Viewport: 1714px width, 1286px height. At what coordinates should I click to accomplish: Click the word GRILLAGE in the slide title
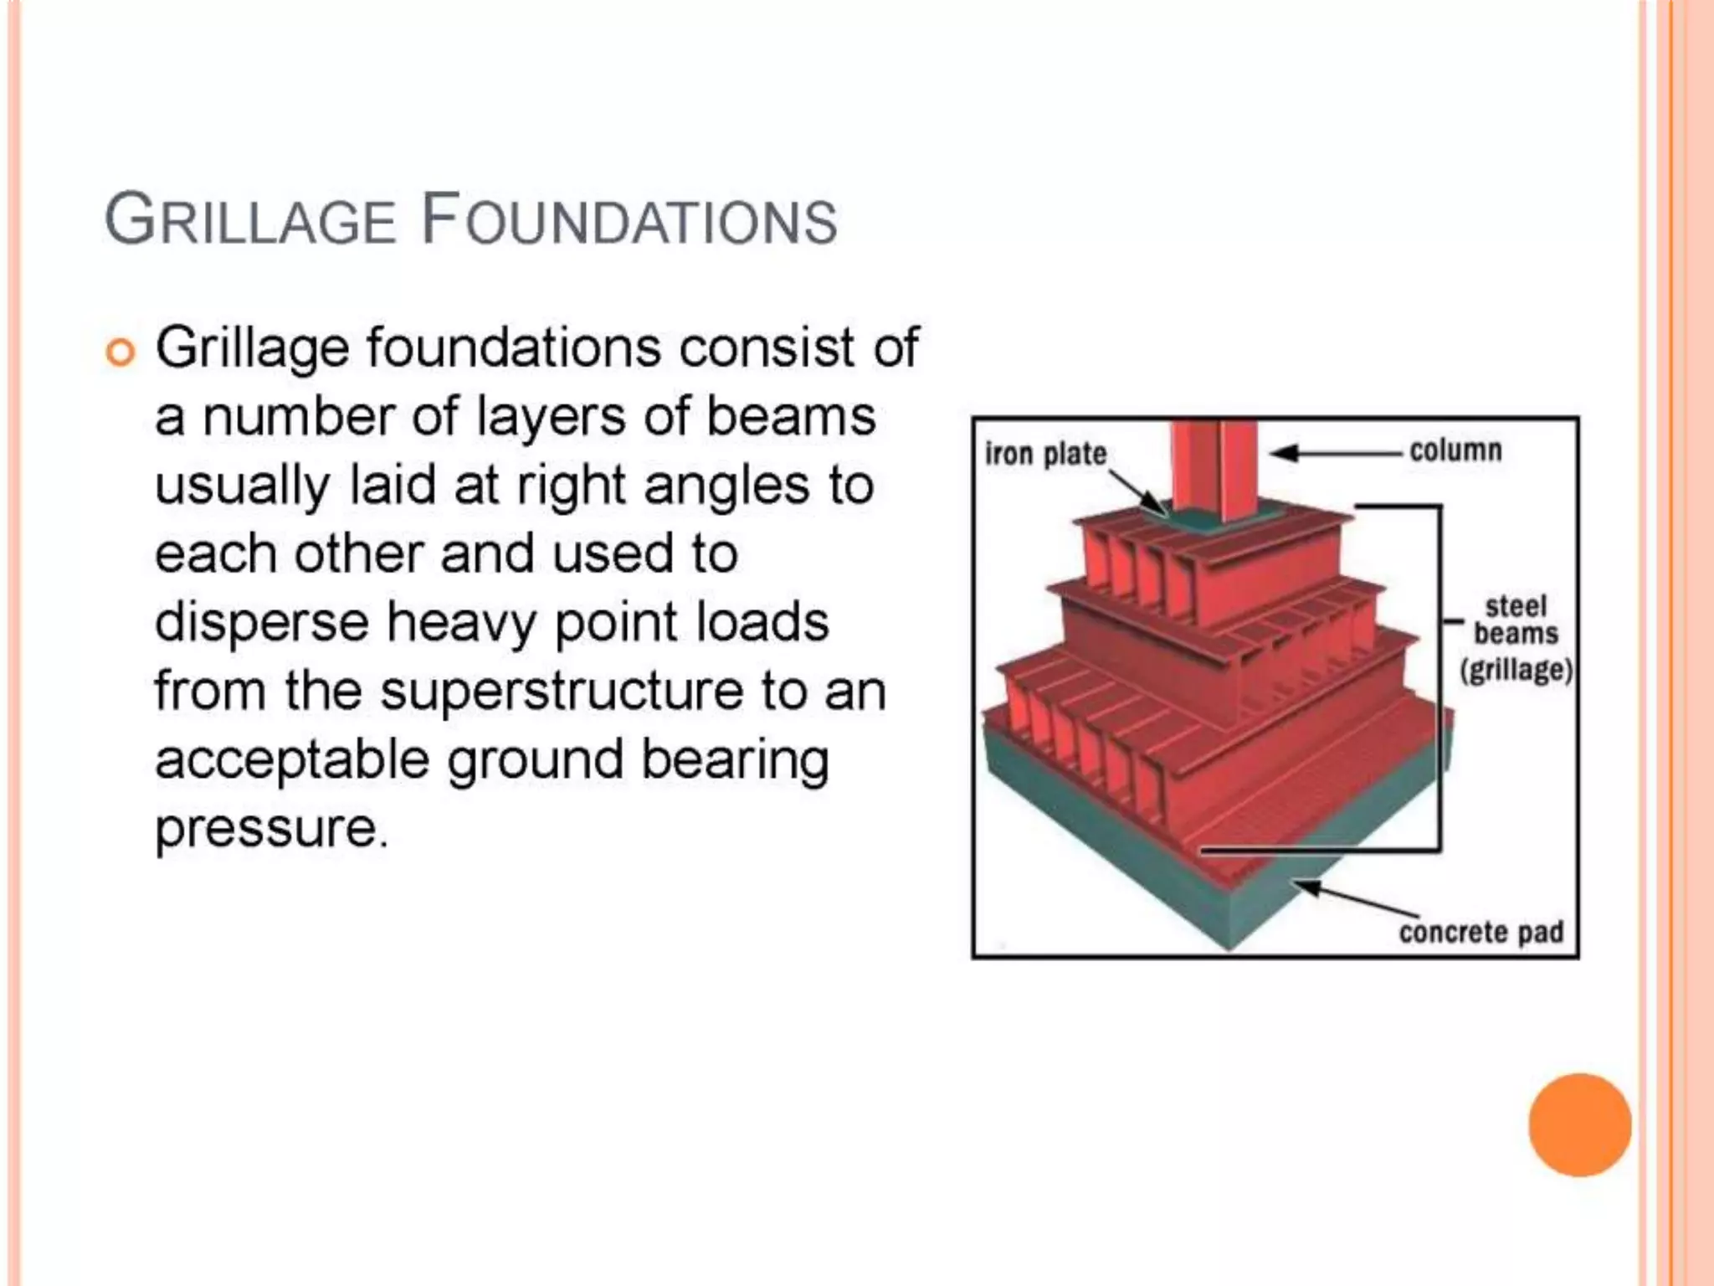[249, 219]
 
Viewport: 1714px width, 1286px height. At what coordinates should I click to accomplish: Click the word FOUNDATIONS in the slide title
[629, 219]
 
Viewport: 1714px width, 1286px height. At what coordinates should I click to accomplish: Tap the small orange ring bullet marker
[121, 352]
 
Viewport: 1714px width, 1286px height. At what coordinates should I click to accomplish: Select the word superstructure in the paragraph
[562, 692]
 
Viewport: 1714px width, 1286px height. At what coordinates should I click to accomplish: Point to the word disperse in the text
[261, 623]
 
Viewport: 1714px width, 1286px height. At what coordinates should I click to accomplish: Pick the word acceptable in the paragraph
[292, 760]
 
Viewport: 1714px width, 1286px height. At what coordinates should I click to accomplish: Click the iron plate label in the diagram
[1045, 454]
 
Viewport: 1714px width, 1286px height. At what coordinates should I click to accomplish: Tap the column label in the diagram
[1455, 450]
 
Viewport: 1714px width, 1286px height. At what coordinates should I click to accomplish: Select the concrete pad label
[1481, 932]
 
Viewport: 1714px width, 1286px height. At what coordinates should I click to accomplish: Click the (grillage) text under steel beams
[1516, 670]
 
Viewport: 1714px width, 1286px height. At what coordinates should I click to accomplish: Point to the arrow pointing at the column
[1335, 453]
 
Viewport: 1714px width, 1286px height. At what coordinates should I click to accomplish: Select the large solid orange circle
[1579, 1124]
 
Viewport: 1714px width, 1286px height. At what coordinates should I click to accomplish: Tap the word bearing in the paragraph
[735, 760]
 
